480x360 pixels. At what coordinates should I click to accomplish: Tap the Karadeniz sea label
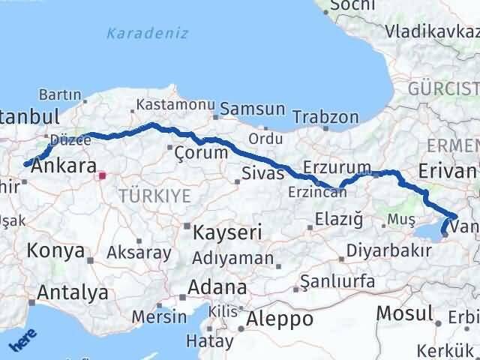(147, 34)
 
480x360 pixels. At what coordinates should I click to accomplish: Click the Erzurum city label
(337, 166)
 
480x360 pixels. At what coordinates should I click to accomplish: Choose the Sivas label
(263, 174)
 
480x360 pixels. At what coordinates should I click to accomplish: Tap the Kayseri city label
(227, 232)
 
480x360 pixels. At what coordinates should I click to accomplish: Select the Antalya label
(72, 292)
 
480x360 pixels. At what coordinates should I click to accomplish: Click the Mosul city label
(405, 313)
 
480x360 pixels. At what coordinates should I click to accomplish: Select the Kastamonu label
(175, 105)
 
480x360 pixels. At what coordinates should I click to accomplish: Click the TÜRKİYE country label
(154, 196)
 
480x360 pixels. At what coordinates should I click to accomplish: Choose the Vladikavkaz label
(431, 31)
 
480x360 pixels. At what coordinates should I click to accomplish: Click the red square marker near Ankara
(103, 177)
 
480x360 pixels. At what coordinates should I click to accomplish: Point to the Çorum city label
(200, 152)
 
